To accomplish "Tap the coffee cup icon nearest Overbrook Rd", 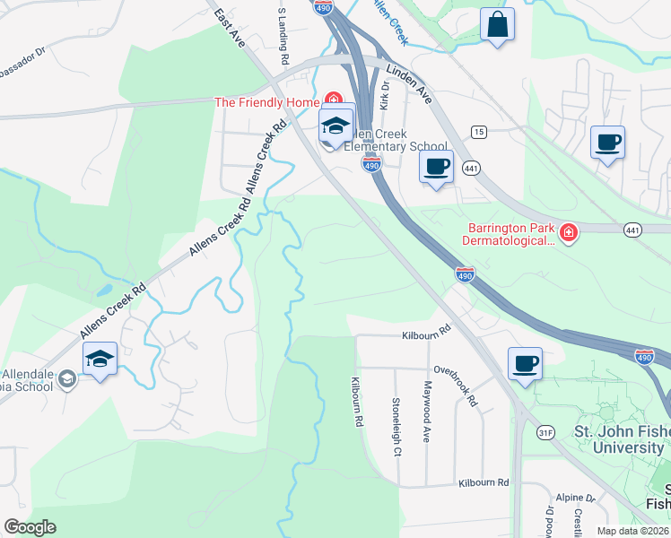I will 525,364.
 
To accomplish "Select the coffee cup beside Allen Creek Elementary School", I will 437,167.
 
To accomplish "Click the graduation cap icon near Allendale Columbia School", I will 100,360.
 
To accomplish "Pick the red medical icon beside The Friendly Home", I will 332,100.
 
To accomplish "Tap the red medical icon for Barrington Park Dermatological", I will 568,234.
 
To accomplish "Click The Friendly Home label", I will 266,102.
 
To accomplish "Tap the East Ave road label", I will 230,30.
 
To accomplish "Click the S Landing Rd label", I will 283,35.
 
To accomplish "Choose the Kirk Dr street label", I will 385,96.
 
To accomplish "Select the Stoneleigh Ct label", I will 396,427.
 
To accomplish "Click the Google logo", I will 30,527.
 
